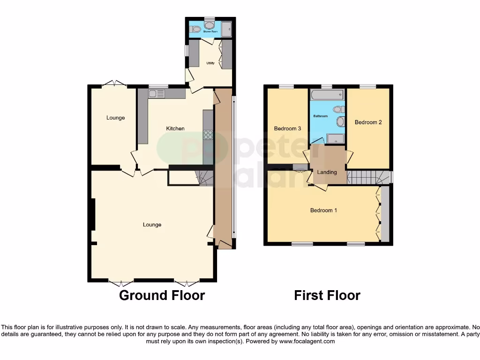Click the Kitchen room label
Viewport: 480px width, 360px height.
[x=175, y=128]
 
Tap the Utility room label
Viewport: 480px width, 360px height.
[x=210, y=63]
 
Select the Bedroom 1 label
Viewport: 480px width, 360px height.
[x=323, y=210]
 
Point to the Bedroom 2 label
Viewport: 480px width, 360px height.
[x=368, y=122]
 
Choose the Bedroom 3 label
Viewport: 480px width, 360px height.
[x=287, y=128]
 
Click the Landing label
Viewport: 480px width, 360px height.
[x=327, y=172]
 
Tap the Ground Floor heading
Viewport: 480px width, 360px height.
[x=162, y=295]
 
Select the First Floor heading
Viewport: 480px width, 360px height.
[x=327, y=295]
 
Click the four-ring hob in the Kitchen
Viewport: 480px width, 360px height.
[x=208, y=135]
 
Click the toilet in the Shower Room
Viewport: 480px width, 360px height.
[x=196, y=30]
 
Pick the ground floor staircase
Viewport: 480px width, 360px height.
[x=206, y=178]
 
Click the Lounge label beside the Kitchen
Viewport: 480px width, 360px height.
[x=115, y=118]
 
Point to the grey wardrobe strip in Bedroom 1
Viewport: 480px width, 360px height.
[x=385, y=214]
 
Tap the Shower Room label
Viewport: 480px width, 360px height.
[x=210, y=32]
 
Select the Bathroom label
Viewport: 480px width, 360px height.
[x=321, y=116]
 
